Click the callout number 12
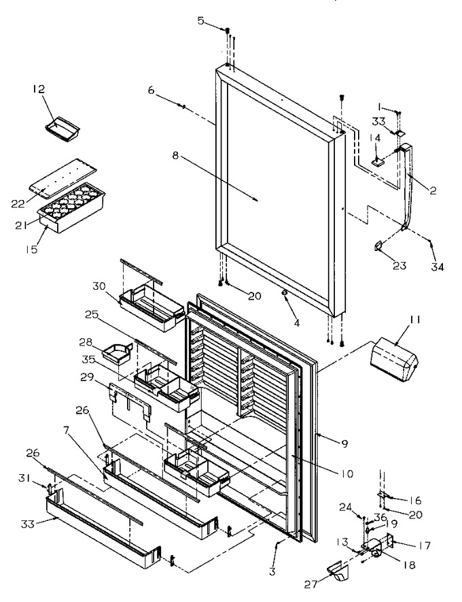tap(38, 89)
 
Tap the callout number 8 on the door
tap(175, 156)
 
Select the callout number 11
tap(416, 320)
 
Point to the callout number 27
tap(311, 584)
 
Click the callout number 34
tap(438, 267)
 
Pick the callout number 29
tap(87, 378)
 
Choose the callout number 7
tap(67, 431)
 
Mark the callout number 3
tap(272, 571)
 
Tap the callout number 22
tap(18, 204)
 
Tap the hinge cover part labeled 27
tap(336, 571)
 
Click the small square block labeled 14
tap(378, 162)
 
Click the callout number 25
tap(92, 315)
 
